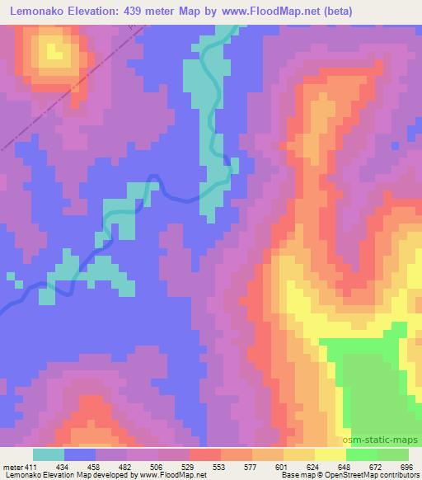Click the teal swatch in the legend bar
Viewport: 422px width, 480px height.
pyautogui.click(x=48, y=455)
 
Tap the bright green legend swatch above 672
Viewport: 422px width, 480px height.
pyautogui.click(x=361, y=455)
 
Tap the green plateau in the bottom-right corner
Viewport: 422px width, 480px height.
pyautogui.click(x=375, y=388)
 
